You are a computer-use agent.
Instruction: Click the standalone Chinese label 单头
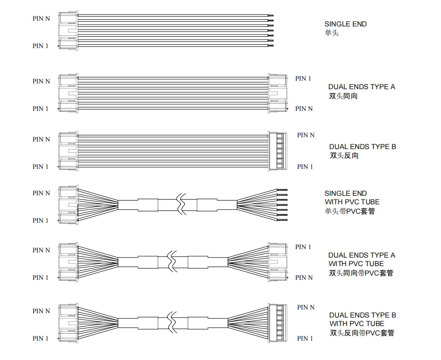332,33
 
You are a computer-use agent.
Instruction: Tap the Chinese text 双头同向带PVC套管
361,273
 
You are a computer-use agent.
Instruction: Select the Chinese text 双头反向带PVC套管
361,333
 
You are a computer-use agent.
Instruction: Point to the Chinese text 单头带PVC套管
349,211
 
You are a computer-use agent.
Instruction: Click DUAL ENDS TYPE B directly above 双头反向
362,147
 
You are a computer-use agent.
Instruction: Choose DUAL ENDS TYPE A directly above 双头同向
362,87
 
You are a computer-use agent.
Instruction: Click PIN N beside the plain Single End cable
41,18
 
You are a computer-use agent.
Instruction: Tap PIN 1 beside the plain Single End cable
40,46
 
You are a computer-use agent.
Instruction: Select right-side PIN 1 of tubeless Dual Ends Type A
303,78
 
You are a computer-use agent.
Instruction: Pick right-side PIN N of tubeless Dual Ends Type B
306,135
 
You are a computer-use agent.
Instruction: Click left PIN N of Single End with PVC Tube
41,193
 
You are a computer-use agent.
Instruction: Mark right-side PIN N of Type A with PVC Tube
304,277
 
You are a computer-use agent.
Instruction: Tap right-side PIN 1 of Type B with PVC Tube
305,338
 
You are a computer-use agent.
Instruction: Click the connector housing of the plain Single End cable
68,31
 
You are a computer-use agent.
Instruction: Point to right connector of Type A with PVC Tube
277,262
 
